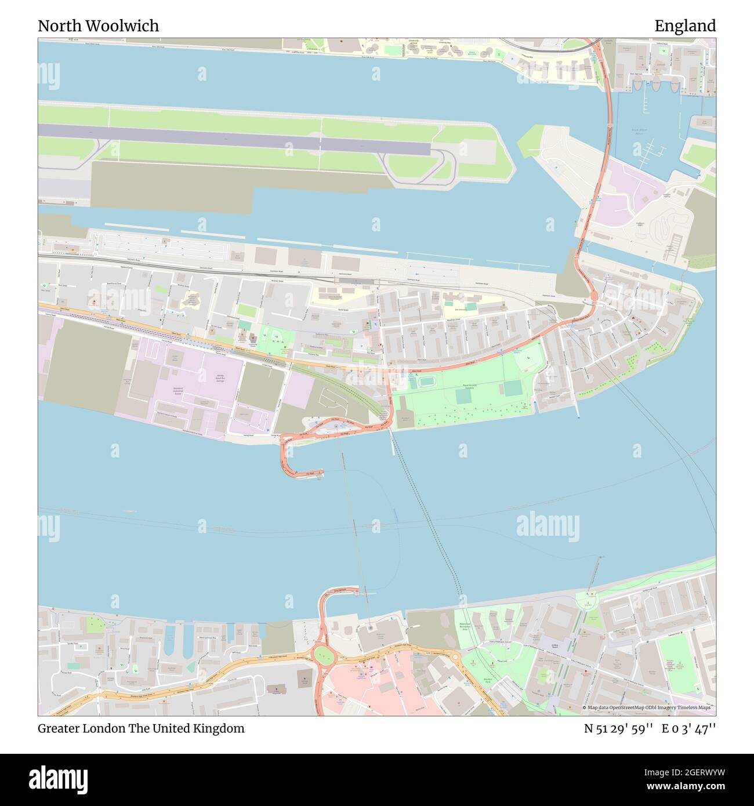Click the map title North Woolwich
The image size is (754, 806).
[98, 26]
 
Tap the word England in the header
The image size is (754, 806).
[685, 26]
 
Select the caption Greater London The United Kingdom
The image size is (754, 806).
[141, 728]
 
